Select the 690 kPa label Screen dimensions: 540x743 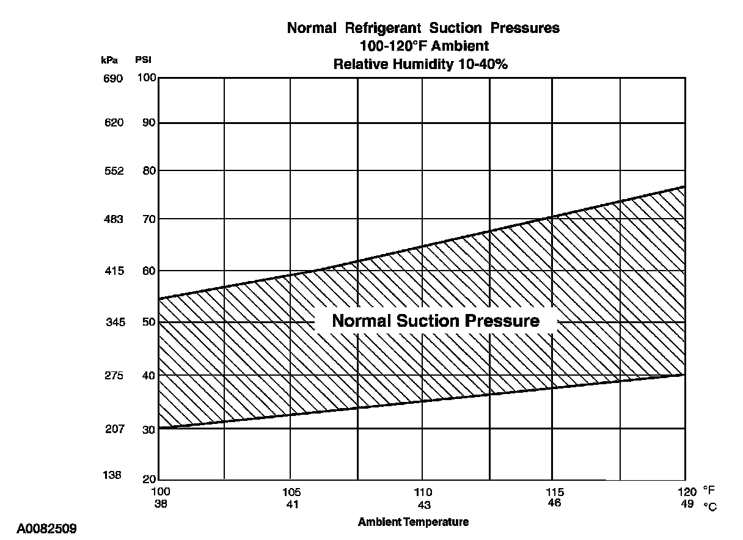[x=114, y=78]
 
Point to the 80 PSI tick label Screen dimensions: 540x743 [x=149, y=171]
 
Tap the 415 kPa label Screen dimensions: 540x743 [x=114, y=271]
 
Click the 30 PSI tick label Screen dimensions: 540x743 [x=149, y=429]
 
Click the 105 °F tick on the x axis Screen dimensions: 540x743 [x=291, y=492]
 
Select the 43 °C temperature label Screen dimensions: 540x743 [x=423, y=505]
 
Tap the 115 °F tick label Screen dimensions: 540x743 [x=554, y=492]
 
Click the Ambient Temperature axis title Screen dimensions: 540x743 [x=413, y=522]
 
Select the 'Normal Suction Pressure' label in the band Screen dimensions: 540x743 [x=436, y=321]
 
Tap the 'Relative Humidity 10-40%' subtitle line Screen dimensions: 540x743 [x=420, y=65]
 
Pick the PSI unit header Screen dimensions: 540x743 [x=142, y=60]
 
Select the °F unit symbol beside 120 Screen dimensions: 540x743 [x=709, y=491]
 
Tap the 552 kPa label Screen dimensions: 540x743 [x=114, y=171]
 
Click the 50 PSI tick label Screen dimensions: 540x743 [x=149, y=322]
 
